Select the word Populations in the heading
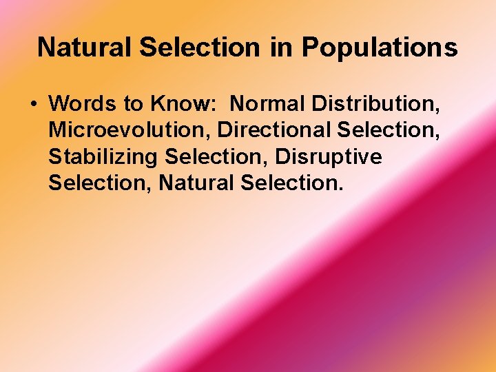pyautogui.click(x=380, y=48)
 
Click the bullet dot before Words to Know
pyautogui.click(x=34, y=104)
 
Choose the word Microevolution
pyautogui.click(x=129, y=131)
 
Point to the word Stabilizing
pyautogui.click(x=103, y=158)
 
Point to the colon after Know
pyautogui.click(x=216, y=105)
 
